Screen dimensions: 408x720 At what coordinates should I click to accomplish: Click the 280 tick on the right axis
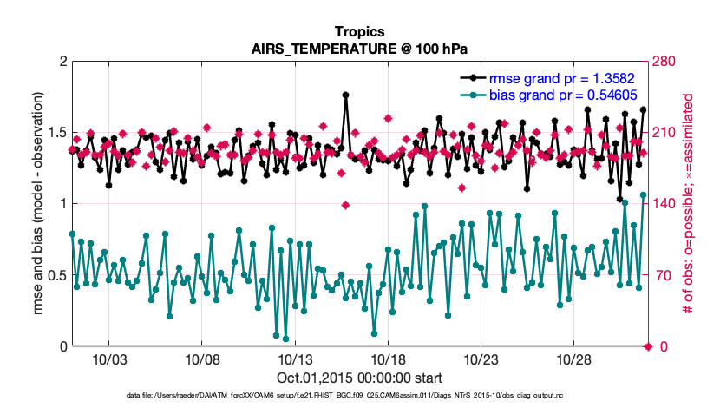pyautogui.click(x=665, y=62)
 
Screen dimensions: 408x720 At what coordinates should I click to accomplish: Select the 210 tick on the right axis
pyautogui.click(x=665, y=133)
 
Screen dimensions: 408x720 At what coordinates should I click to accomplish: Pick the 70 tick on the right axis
pyautogui.click(x=662, y=276)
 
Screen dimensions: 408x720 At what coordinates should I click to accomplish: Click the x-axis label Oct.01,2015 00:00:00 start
pyautogui.click(x=359, y=378)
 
